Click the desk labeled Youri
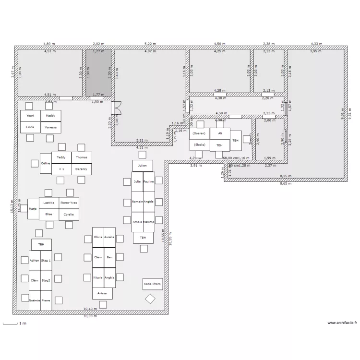[30, 116]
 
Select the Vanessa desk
[50, 127]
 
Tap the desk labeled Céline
[46, 164]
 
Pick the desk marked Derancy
[81, 169]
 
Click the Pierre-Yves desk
[69, 203]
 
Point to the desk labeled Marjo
[33, 209]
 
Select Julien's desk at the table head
[143, 166]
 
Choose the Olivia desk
[98, 237]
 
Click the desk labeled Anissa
[102, 293]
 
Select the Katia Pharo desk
[153, 284]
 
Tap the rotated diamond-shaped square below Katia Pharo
[150, 299]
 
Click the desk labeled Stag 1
[46, 260]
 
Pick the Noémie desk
[34, 300]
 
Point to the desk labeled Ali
[220, 133]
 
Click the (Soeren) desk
[199, 133]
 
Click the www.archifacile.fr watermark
[342, 323]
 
